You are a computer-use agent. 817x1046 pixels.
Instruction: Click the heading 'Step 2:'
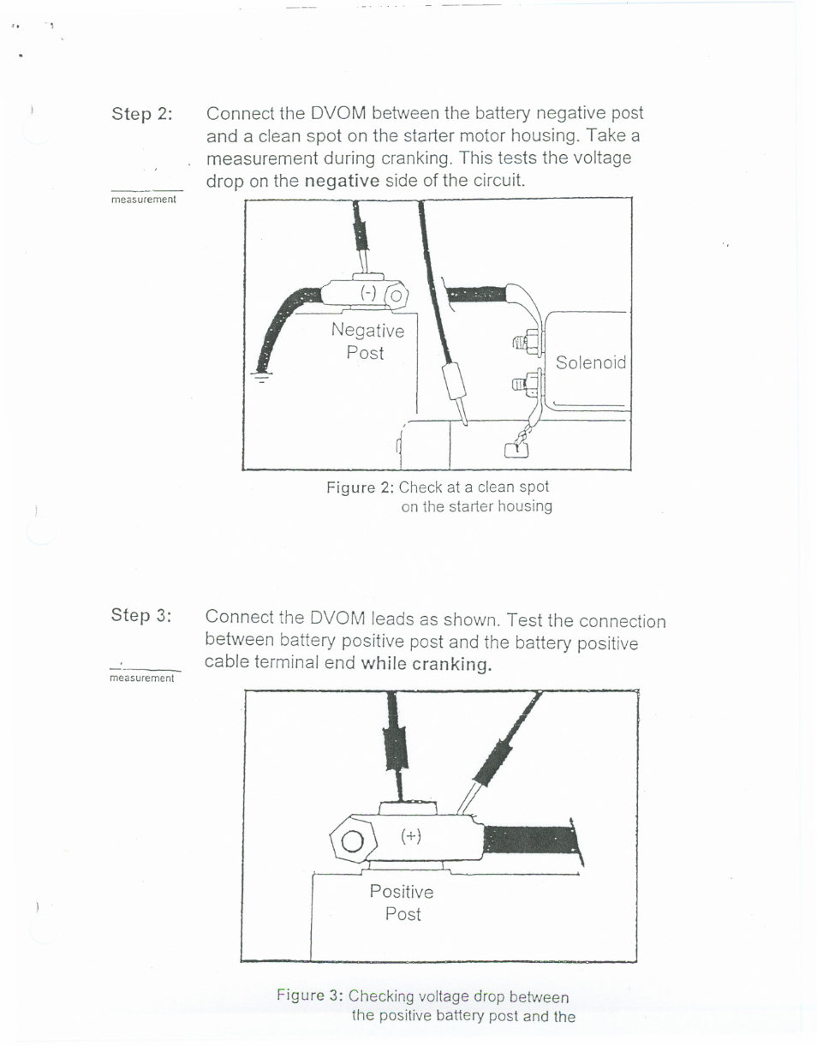[x=141, y=114]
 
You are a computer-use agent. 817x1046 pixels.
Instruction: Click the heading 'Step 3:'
[x=141, y=615]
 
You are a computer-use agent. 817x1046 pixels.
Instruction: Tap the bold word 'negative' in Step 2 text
[x=342, y=181]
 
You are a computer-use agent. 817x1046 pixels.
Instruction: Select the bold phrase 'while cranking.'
[x=426, y=664]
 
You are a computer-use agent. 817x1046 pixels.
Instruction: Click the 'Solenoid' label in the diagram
[x=590, y=362]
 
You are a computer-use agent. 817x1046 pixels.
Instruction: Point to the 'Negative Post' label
[x=367, y=341]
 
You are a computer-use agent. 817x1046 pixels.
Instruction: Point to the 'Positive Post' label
[x=402, y=903]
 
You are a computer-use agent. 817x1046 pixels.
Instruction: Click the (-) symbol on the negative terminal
[x=368, y=293]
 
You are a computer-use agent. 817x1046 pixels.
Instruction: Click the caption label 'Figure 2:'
[x=360, y=487]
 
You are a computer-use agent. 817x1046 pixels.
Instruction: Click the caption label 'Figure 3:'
[x=310, y=995]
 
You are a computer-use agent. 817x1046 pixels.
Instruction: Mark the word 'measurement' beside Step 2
[x=144, y=200]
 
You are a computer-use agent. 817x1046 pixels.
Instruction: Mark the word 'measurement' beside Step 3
[x=141, y=678]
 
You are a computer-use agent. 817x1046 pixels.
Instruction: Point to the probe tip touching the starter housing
[x=463, y=420]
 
